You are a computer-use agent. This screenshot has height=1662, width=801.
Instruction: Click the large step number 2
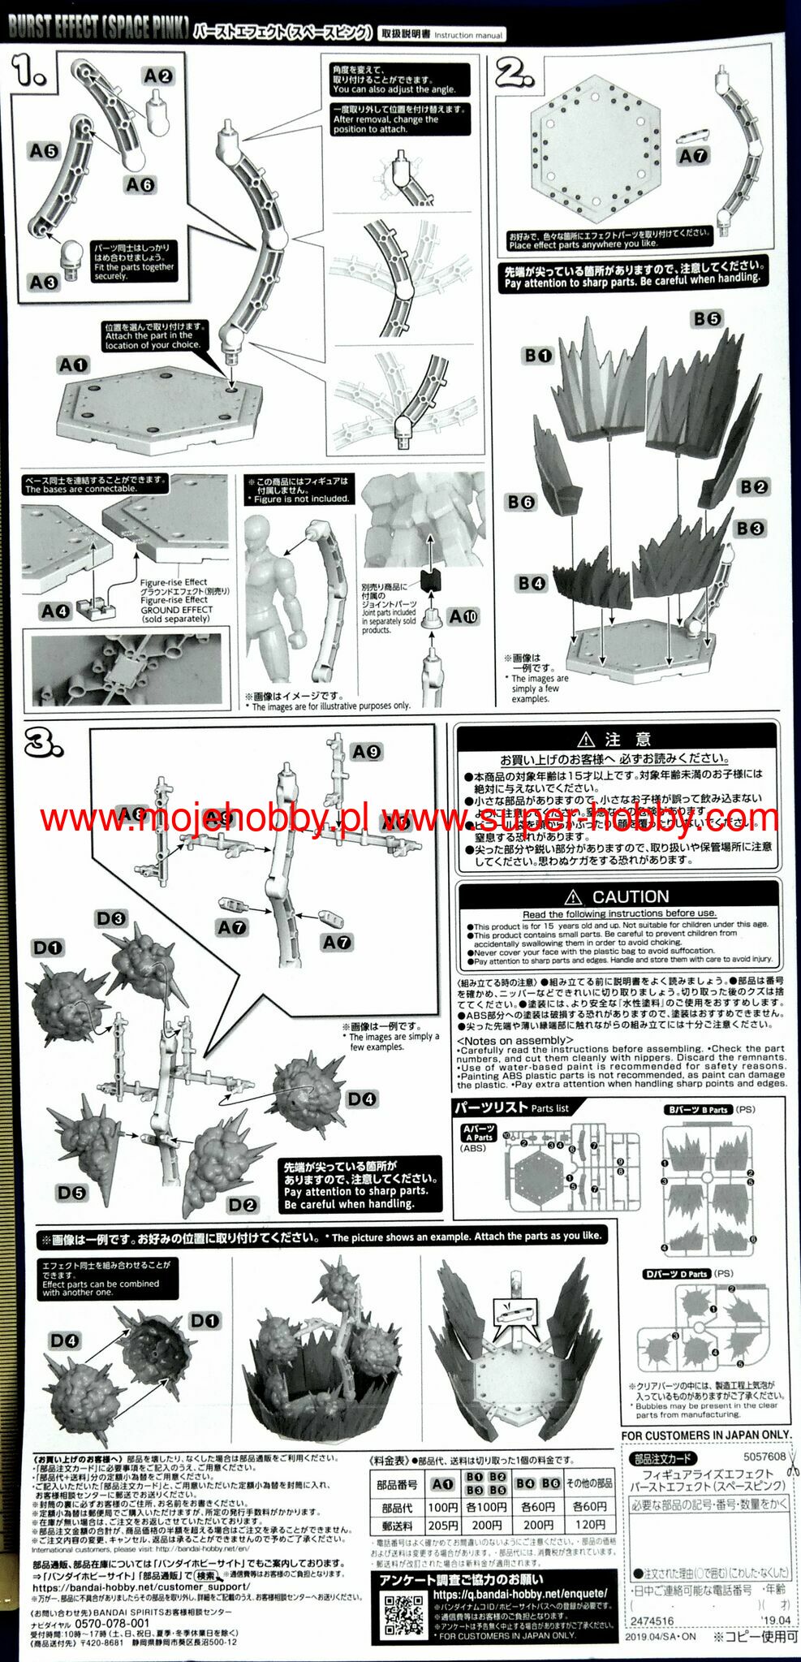tap(516, 74)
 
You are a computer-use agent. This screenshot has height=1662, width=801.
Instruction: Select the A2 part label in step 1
tap(157, 76)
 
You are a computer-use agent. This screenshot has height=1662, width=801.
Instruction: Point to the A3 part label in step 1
tap(43, 282)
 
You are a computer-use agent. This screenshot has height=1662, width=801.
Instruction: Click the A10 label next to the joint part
tap(463, 616)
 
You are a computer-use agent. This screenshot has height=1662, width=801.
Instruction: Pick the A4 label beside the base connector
tap(55, 611)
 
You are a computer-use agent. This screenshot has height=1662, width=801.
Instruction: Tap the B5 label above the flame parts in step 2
tap(707, 319)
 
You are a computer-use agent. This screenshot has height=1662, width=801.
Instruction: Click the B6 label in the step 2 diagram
tap(521, 503)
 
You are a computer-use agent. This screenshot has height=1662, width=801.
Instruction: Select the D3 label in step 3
tap(111, 918)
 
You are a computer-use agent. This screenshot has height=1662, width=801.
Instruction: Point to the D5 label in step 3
tap(71, 1192)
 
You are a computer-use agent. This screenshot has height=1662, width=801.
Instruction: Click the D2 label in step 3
tap(242, 1205)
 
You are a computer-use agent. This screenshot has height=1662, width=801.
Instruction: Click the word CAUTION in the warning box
tap(630, 896)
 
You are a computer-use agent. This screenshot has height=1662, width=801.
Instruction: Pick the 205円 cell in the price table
tap(442, 1526)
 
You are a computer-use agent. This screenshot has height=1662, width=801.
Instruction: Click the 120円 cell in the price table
tap(589, 1525)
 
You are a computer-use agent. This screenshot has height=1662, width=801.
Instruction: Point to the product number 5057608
tap(764, 1457)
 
